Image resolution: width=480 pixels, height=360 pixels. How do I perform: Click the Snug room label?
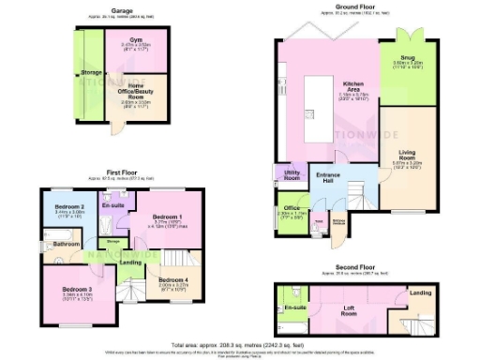point(414,57)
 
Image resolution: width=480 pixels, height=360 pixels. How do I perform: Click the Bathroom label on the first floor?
point(66,244)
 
